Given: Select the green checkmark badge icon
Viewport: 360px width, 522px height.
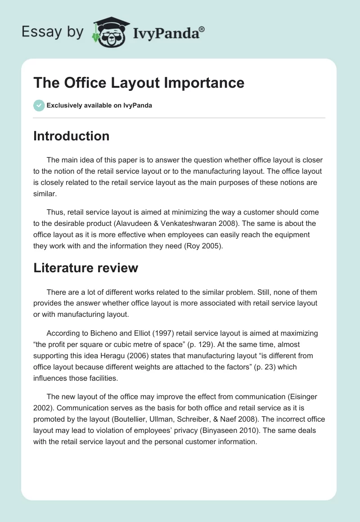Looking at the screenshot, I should (x=39, y=105).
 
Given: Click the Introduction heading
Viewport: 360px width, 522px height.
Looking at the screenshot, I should (x=71, y=136).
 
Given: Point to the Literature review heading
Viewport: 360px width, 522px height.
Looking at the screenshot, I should (x=85, y=268).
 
